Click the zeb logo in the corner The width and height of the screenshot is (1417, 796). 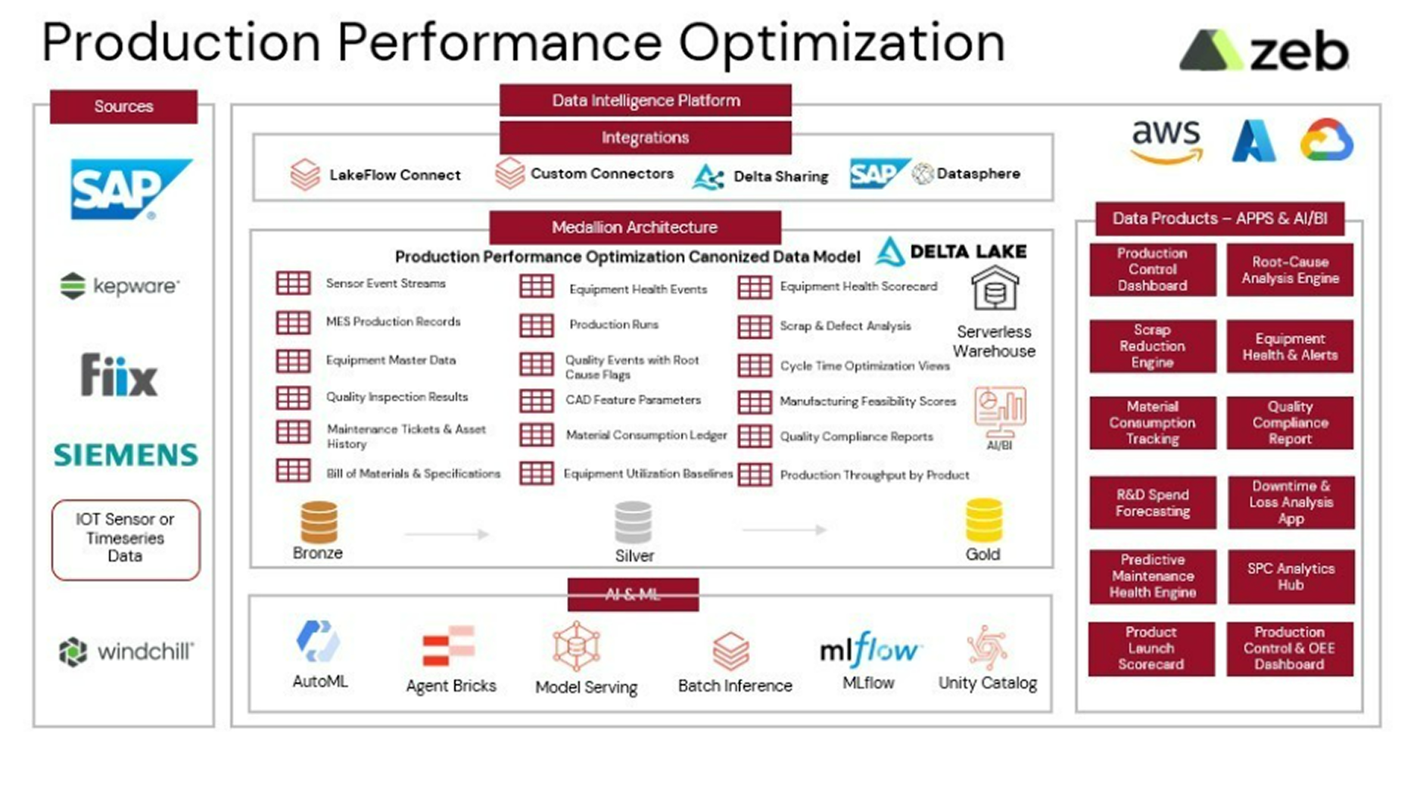(x=1264, y=51)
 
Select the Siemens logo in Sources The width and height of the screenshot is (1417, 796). (x=126, y=455)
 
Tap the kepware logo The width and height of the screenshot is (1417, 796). (x=120, y=286)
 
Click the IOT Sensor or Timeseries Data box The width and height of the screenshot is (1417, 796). (x=126, y=539)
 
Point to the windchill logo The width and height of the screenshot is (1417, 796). (x=126, y=651)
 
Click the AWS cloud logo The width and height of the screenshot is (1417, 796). (x=1166, y=141)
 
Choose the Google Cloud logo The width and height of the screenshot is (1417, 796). (x=1327, y=141)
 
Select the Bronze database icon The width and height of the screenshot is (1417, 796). (x=319, y=522)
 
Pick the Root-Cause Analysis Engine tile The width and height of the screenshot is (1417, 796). (x=1290, y=270)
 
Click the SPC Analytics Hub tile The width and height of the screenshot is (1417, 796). (x=1291, y=577)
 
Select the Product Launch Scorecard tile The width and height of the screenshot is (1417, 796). (x=1151, y=648)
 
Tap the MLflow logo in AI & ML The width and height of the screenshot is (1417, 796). (x=869, y=650)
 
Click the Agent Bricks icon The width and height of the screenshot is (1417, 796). (x=449, y=645)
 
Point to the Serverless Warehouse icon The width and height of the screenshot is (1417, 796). (x=995, y=288)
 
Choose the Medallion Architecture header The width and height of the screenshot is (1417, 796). (x=634, y=227)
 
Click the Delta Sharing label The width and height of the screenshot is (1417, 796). (x=780, y=176)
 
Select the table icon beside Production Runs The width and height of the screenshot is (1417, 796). (x=536, y=325)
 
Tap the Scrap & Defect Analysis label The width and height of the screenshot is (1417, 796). (x=846, y=326)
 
